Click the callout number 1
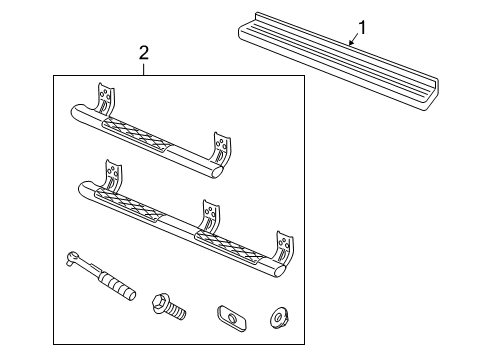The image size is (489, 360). [x=362, y=27]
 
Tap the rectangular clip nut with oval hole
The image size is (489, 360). [x=230, y=317]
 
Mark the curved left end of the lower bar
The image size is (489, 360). [x=83, y=187]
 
